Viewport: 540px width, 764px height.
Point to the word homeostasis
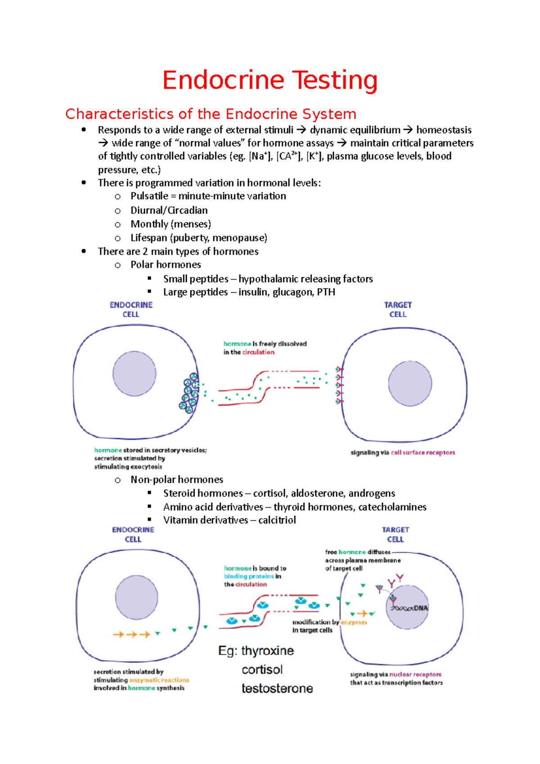pyautogui.click(x=444, y=130)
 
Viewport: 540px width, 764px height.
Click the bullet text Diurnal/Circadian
pyautogui.click(x=169, y=210)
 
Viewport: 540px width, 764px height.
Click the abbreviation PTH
pyautogui.click(x=326, y=292)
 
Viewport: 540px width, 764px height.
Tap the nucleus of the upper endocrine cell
pyautogui.click(x=134, y=374)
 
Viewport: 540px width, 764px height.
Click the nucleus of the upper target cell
pyautogui.click(x=410, y=383)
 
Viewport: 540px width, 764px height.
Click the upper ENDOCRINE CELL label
pyautogui.click(x=131, y=310)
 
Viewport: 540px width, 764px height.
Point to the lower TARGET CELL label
pyautogui.click(x=395, y=535)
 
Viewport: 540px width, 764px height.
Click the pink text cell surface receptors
pyautogui.click(x=423, y=453)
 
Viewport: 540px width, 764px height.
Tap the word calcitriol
pyautogui.click(x=277, y=520)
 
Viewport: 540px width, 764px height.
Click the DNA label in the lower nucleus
pyautogui.click(x=421, y=608)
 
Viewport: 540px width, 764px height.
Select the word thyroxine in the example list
pyautogui.click(x=267, y=651)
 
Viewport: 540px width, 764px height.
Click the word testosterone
pyautogui.click(x=277, y=688)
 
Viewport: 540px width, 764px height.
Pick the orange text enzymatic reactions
pyautogui.click(x=159, y=680)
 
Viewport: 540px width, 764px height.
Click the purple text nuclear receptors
pyautogui.click(x=415, y=674)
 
